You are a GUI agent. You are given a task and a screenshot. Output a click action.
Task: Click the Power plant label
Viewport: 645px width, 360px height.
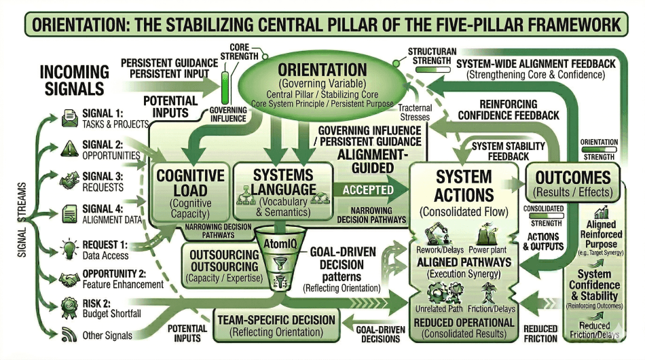pyautogui.click(x=493, y=249)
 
